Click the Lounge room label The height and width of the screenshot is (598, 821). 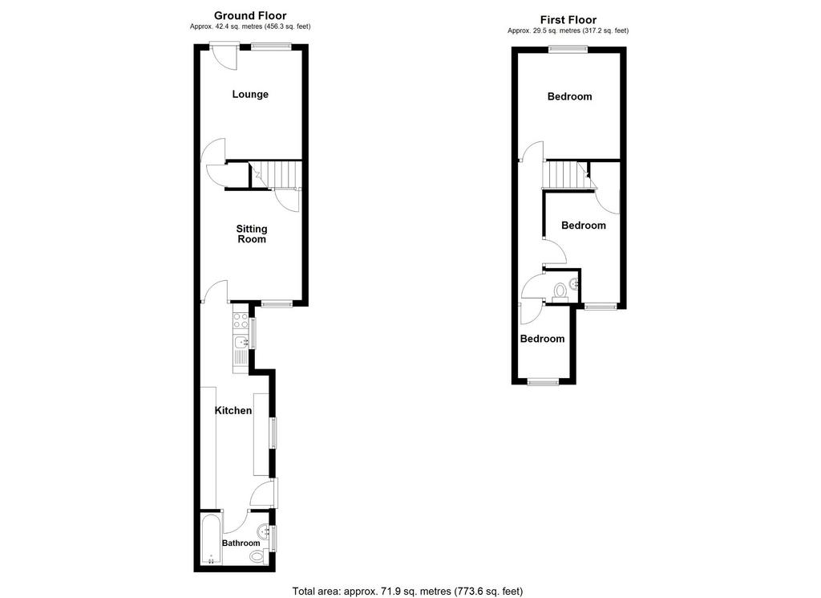point(250,95)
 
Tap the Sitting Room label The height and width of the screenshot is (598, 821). point(252,234)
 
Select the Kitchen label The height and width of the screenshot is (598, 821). point(233,410)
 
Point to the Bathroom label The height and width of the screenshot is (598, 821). point(241,543)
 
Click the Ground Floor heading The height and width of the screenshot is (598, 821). point(250,16)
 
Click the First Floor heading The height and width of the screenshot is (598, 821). point(568,20)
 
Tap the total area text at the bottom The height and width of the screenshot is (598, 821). point(407,592)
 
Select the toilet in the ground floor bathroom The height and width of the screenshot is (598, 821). point(257,556)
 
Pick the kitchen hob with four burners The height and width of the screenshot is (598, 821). point(241,321)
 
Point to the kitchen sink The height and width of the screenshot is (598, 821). point(242,344)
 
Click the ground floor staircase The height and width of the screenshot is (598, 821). point(277,174)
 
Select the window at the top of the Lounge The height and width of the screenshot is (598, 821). point(270,47)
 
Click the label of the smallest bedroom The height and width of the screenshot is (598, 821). point(543,339)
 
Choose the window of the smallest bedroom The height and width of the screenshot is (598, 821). point(543,381)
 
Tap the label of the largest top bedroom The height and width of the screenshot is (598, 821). point(570,96)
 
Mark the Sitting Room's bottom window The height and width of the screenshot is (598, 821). point(277,303)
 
